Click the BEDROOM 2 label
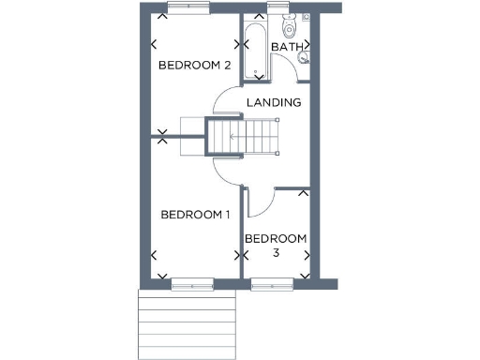coord(194,65)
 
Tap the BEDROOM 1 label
coord(195,215)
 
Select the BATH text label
coord(285,46)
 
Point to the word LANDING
coord(273,102)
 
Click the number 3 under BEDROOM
coord(277,253)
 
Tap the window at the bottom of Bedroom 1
coord(191,282)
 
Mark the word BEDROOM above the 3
coord(276,239)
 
